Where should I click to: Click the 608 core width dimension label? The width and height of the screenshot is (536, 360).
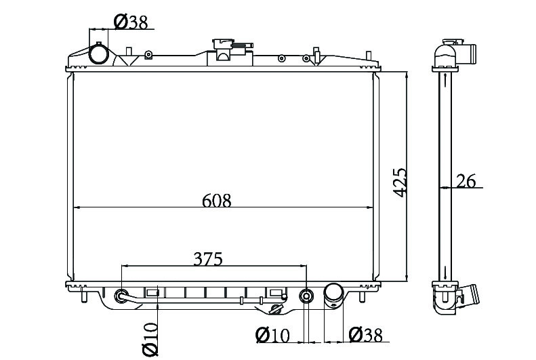(x=217, y=201)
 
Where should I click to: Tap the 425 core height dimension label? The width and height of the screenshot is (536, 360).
(x=399, y=182)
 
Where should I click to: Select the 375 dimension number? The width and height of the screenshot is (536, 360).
(x=208, y=259)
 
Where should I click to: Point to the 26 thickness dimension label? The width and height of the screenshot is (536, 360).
(x=466, y=181)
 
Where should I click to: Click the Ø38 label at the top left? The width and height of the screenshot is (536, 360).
(x=131, y=22)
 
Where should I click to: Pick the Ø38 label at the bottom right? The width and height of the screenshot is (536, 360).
(x=366, y=335)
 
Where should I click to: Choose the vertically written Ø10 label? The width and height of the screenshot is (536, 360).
(x=150, y=339)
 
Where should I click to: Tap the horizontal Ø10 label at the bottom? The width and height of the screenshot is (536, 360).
(x=272, y=335)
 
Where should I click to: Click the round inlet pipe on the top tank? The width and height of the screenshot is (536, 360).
(x=99, y=54)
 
